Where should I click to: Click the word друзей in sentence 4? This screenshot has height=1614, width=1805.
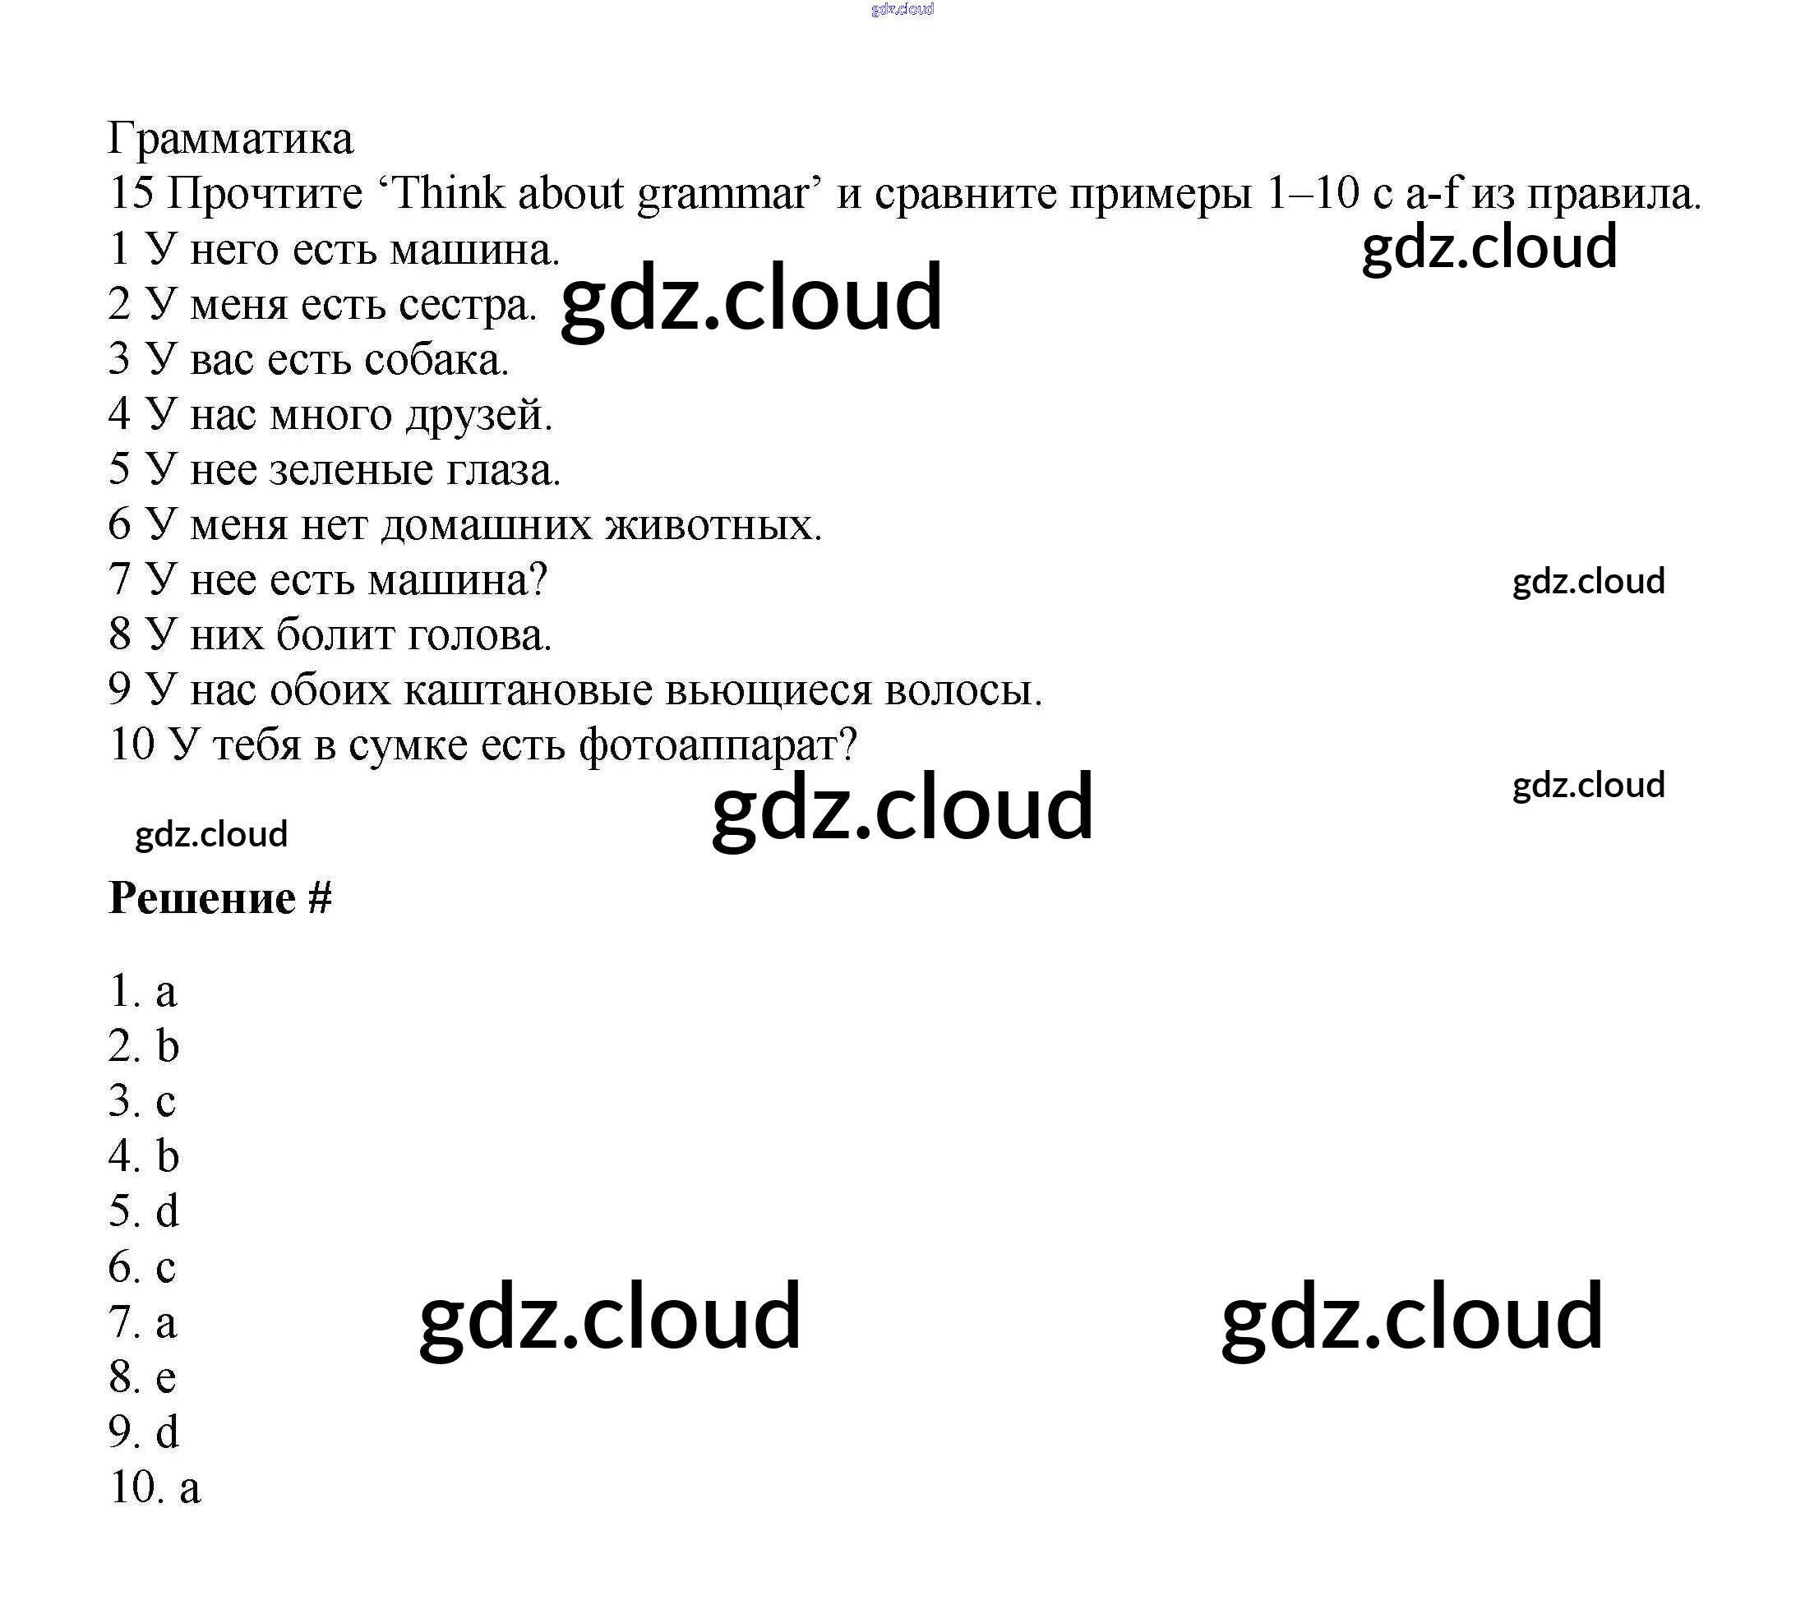[x=479, y=415]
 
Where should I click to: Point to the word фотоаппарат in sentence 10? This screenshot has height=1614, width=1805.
[x=718, y=745]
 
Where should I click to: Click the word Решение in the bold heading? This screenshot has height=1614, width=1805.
[x=202, y=898]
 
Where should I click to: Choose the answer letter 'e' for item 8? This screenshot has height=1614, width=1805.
[x=166, y=1378]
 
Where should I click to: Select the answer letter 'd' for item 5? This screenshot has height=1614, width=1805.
[x=167, y=1212]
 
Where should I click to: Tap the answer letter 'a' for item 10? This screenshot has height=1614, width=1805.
[x=190, y=1488]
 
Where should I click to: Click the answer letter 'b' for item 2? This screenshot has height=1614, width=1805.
[x=167, y=1046]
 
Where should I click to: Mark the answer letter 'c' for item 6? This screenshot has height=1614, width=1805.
[x=166, y=1268]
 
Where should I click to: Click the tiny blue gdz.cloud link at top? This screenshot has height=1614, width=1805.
[x=902, y=10]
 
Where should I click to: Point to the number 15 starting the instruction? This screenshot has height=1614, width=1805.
[x=132, y=193]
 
